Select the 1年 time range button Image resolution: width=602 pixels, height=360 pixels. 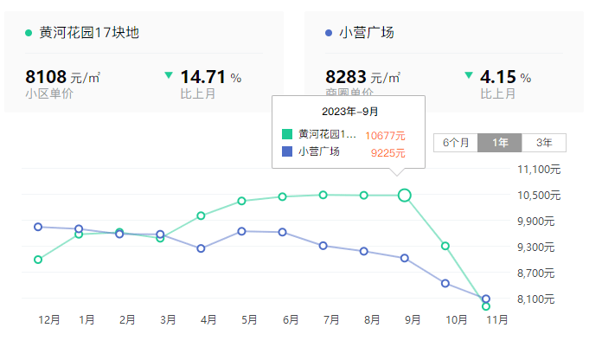pos(500,143)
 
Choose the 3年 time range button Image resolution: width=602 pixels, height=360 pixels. pos(544,143)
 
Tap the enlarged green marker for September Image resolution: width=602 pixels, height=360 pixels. pos(404,196)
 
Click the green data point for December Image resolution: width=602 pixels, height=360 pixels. pos(38,260)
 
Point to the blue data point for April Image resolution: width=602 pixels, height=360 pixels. pos(201,248)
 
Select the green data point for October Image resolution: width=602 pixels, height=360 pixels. pos(445,247)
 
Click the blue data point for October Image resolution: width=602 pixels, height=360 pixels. pos(445,283)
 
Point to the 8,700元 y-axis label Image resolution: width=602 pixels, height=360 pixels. pos(540,273)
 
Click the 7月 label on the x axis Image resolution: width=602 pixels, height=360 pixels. pos(331,320)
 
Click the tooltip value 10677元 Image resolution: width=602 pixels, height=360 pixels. pos(385,136)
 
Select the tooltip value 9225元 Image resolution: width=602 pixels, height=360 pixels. pos(388,153)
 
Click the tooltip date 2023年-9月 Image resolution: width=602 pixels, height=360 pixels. pos(349,112)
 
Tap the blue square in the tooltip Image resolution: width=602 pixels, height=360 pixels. pos(287,152)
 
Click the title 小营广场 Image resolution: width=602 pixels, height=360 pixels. pos(367,33)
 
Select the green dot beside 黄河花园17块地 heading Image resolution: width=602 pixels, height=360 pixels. pos(29,33)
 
